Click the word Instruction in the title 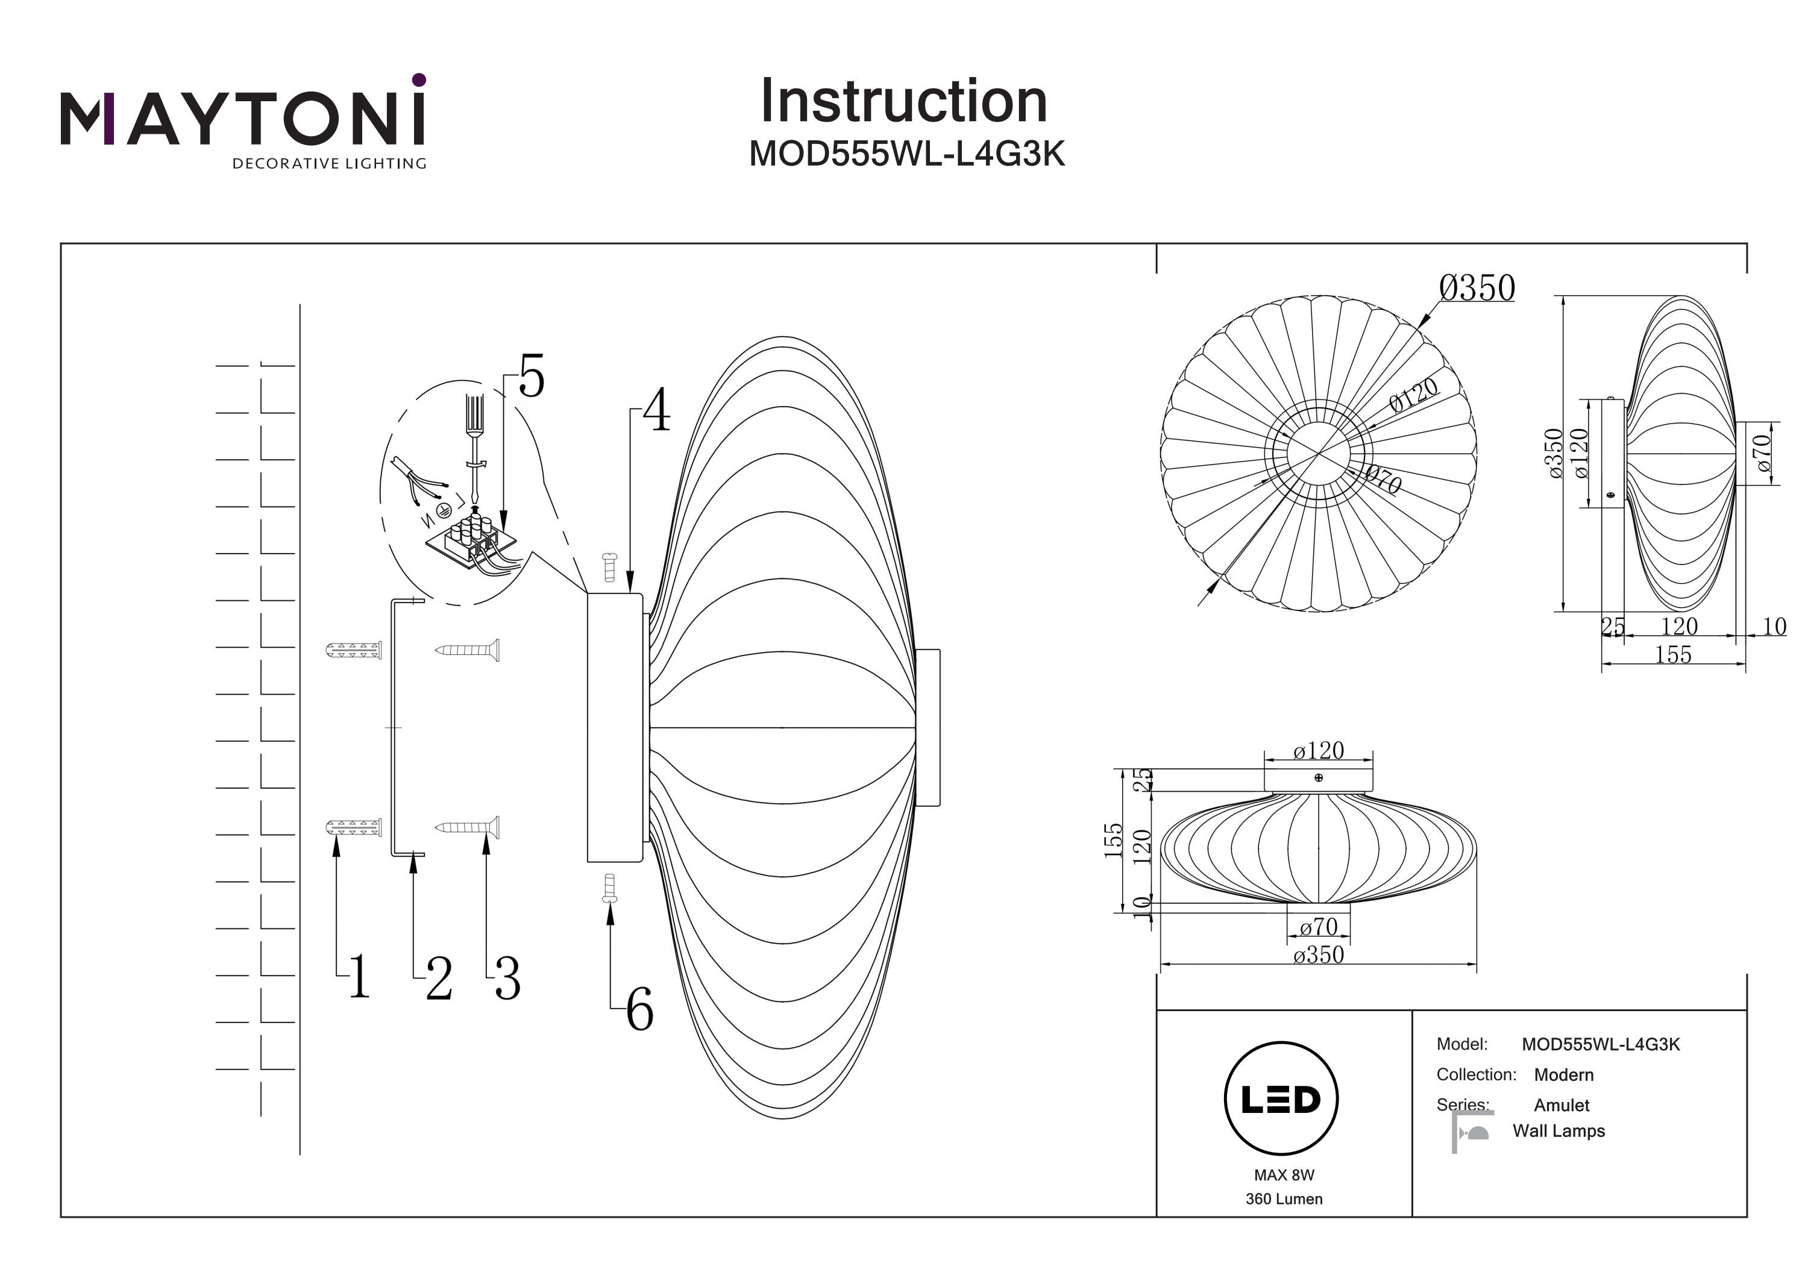pos(903,102)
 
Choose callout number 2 pos(439,979)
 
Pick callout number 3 pos(507,979)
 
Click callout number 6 pos(639,1010)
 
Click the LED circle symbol pos(1281,1098)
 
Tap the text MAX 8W pos(1284,1175)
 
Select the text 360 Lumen pos(1284,1199)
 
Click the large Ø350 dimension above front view pos(1477,288)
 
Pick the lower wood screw pos(468,827)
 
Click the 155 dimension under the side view pos(1672,654)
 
